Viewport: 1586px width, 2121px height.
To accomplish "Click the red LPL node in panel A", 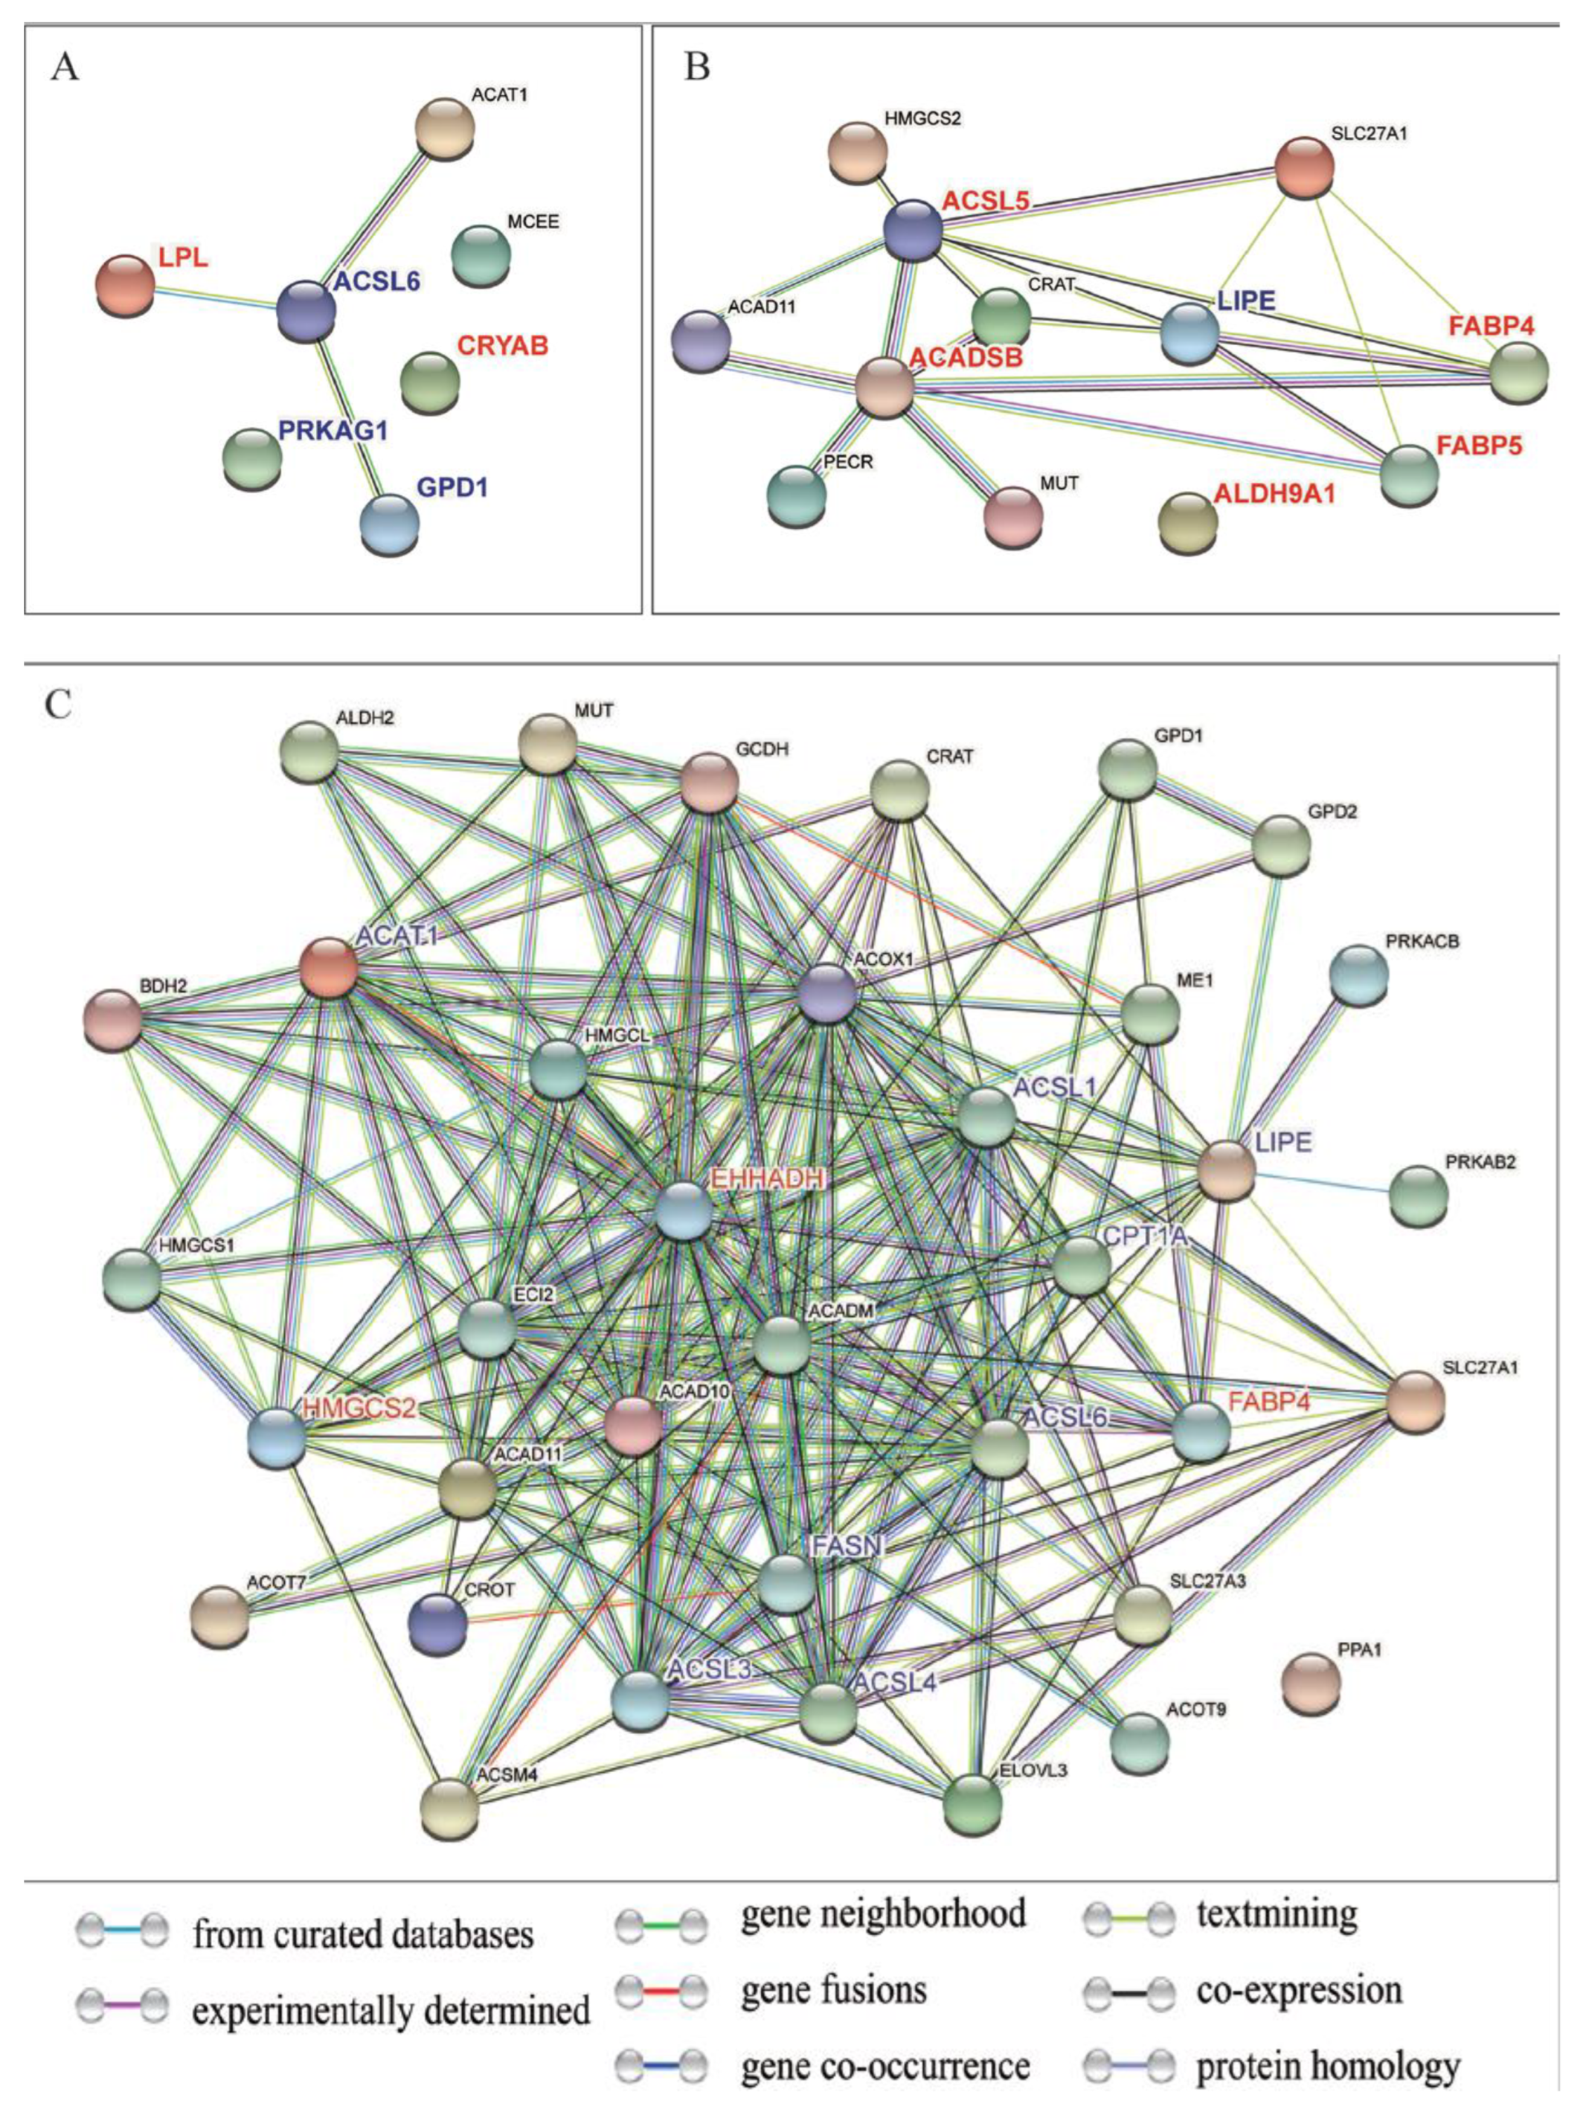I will (126, 284).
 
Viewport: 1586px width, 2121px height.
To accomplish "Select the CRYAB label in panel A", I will (502, 345).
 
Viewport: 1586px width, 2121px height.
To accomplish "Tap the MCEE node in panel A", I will (481, 255).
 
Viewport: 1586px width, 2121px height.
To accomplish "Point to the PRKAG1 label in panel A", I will (333, 431).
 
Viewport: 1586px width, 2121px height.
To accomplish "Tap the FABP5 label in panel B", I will (1480, 446).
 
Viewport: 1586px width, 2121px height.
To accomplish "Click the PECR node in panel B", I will (796, 495).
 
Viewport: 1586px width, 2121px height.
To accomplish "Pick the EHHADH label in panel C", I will (768, 1178).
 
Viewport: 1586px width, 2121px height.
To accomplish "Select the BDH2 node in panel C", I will (113, 1020).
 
